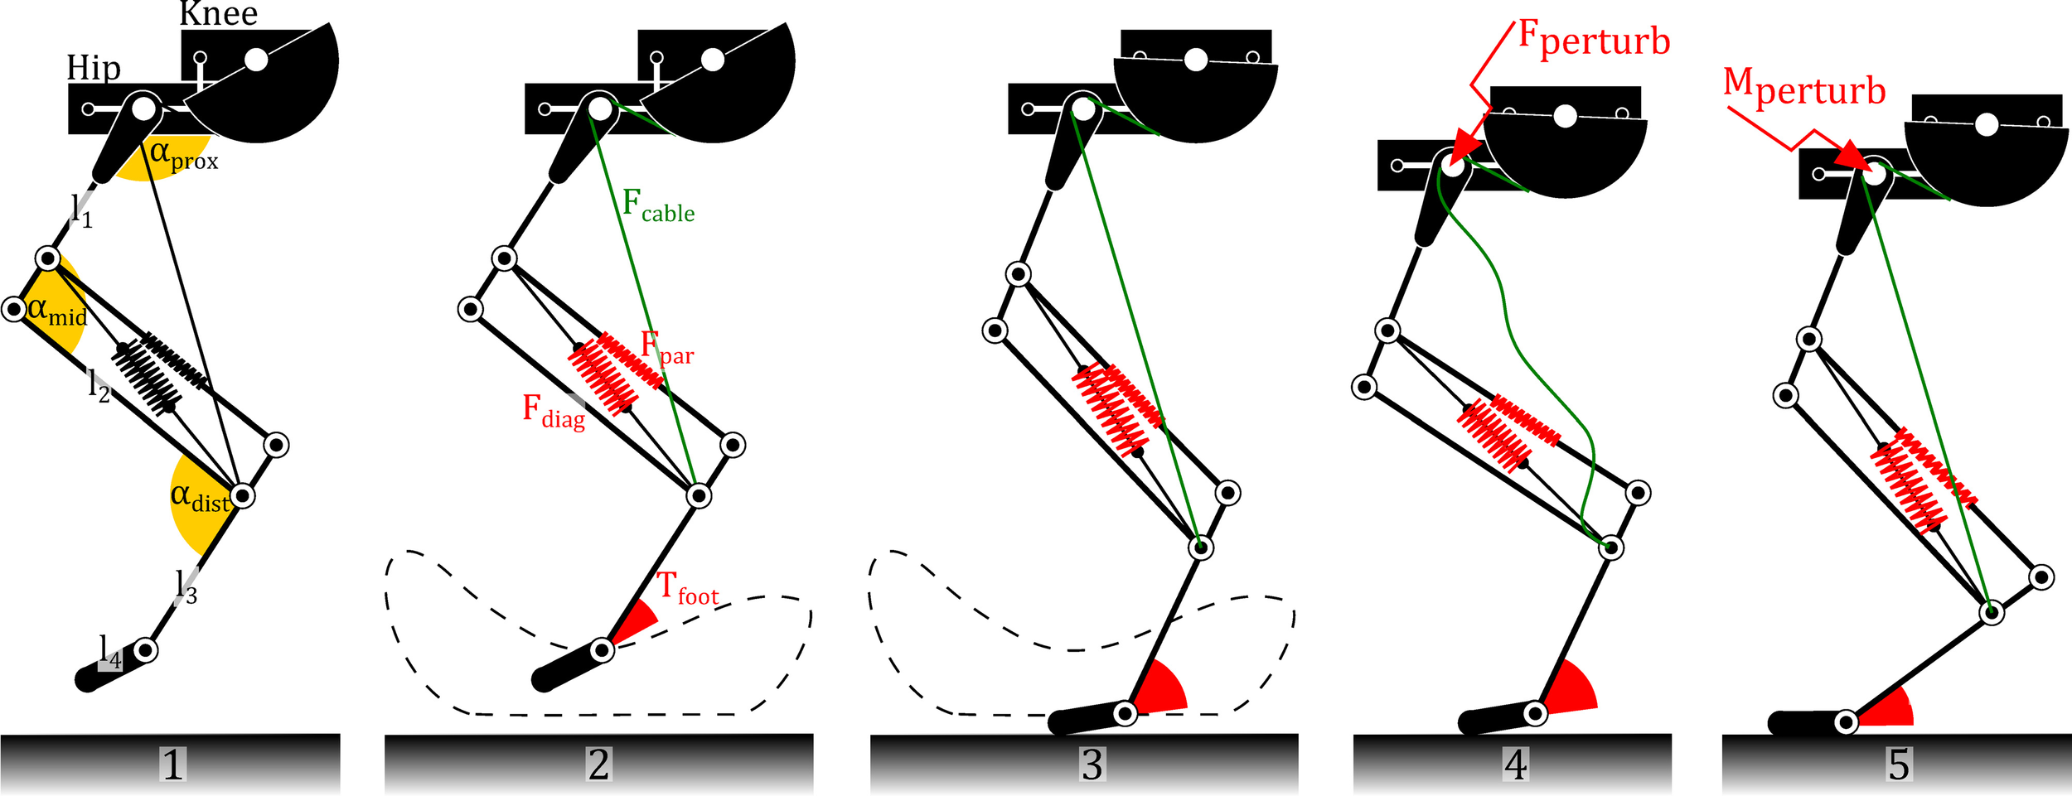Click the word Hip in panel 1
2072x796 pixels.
pos(94,68)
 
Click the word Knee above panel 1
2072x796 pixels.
pos(219,13)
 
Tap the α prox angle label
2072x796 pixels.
pos(183,156)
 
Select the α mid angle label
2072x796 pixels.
pos(56,311)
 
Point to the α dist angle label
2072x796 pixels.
pos(200,498)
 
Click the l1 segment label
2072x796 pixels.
pos(81,210)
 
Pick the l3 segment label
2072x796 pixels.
pos(186,587)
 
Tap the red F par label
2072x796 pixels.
pos(666,348)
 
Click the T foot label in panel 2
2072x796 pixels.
pos(687,589)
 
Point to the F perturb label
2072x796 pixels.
pos(1593,40)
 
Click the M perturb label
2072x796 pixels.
pos(1804,88)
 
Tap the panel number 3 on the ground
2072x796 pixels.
pos(1092,764)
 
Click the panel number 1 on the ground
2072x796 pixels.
pos(172,764)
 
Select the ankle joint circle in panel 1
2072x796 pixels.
pos(146,650)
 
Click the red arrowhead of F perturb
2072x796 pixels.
pos(1465,143)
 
